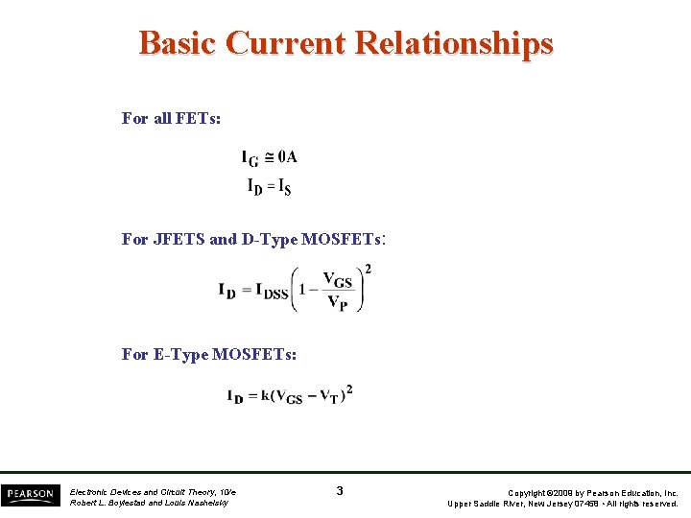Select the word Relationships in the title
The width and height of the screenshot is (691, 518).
click(454, 43)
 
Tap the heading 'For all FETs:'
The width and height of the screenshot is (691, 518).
click(171, 118)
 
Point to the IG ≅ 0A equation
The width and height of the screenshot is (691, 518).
click(270, 158)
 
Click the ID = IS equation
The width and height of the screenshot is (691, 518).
click(270, 186)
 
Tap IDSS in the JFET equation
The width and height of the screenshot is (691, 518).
click(272, 291)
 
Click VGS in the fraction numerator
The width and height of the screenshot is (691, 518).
click(337, 280)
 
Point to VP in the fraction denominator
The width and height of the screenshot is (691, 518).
click(337, 303)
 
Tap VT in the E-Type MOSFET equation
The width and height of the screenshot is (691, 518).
click(330, 397)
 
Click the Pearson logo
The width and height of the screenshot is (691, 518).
click(29, 494)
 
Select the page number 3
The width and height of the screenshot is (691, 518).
click(340, 491)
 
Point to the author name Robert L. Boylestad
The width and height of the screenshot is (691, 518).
click(108, 503)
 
